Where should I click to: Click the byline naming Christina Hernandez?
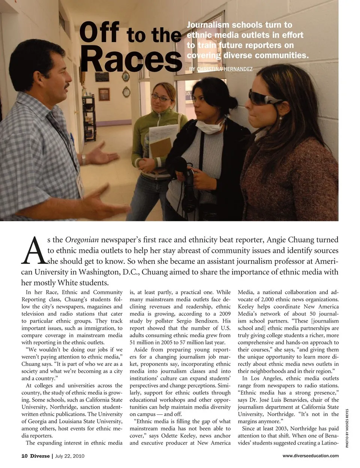click(x=220, y=69)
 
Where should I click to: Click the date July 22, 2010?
click(x=70, y=456)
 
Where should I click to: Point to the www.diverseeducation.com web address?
click(x=310, y=456)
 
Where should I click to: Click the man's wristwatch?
click(x=84, y=160)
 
